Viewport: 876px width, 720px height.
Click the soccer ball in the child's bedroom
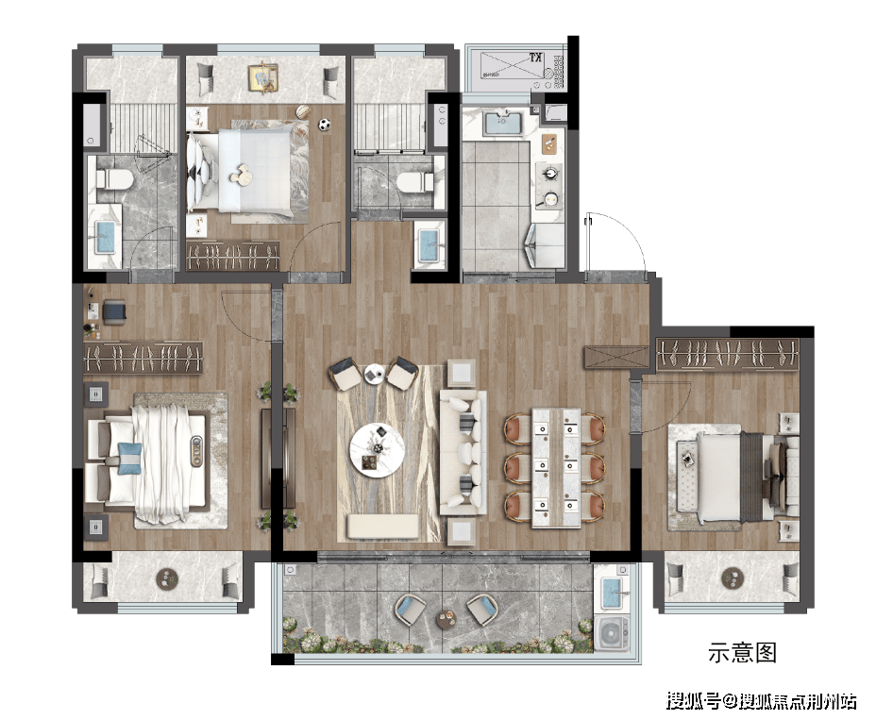point(325,125)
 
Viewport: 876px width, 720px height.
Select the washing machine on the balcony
point(612,633)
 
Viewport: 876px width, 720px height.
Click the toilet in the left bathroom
point(114,180)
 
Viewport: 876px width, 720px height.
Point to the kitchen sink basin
point(503,124)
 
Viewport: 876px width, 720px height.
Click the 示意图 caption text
point(743,652)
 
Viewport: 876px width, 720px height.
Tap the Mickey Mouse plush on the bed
point(243,174)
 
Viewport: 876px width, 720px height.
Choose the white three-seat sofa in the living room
point(463,452)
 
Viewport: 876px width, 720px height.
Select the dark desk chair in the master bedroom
point(114,311)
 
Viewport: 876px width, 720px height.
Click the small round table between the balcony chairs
point(446,618)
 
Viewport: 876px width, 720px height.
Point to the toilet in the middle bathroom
point(414,182)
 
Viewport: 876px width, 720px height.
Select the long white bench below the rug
point(382,527)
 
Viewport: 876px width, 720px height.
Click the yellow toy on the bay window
point(263,78)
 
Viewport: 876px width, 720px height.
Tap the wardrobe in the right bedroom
point(727,354)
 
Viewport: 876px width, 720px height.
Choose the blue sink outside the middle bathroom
point(430,245)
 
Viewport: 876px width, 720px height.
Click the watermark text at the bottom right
point(761,700)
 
